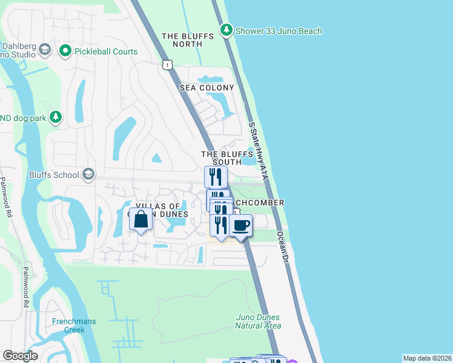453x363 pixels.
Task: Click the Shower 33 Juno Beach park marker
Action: (x=226, y=30)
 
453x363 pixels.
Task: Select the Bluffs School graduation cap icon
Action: (x=88, y=175)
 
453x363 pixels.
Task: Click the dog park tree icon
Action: (x=56, y=117)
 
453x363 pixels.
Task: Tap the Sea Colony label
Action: (x=207, y=88)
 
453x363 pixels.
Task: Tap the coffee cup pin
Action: (x=240, y=225)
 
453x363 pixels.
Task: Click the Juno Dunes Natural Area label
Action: (x=258, y=321)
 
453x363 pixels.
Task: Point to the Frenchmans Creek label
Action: (x=73, y=325)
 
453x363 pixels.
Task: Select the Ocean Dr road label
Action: (x=282, y=246)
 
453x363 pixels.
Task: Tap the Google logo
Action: (x=20, y=356)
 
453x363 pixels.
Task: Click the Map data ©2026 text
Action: (x=427, y=358)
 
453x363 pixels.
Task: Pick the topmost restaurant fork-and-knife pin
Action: (x=216, y=177)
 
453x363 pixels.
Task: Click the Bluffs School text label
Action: (x=54, y=175)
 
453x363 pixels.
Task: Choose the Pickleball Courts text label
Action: (x=106, y=52)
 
